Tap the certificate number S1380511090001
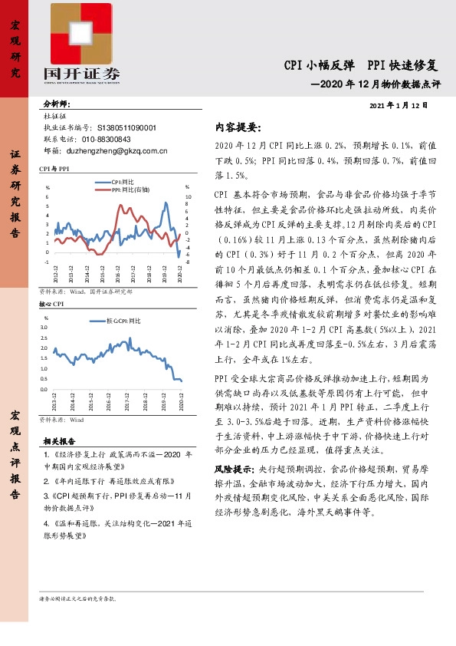coord(127,128)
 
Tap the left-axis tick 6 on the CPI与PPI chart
coord(48,196)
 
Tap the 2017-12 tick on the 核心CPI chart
coord(126,404)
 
